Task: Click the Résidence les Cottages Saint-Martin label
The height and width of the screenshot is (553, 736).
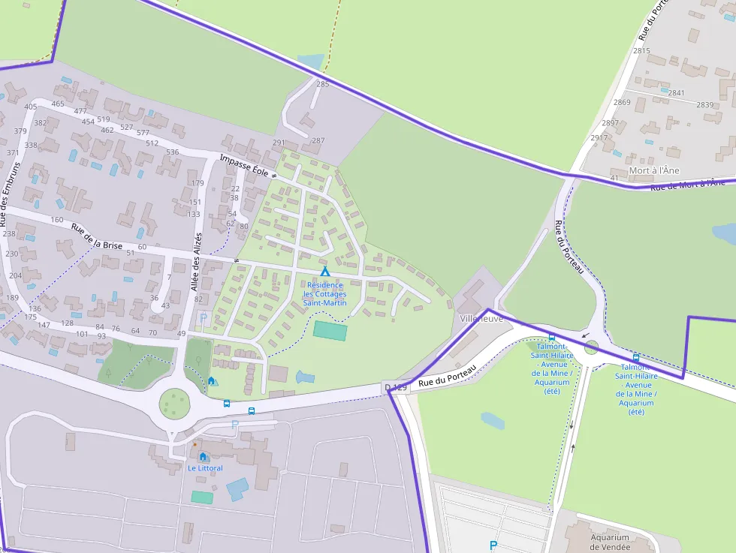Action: click(324, 293)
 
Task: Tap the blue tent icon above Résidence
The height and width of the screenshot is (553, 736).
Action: click(325, 272)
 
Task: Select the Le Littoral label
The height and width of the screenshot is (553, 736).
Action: click(205, 468)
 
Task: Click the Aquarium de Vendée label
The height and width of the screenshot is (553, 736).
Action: click(609, 542)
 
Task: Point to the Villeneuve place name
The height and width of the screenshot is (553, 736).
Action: click(481, 318)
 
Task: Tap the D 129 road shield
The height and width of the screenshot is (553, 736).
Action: click(396, 387)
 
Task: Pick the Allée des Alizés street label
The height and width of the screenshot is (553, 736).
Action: click(197, 262)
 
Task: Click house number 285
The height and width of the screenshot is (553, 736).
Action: click(322, 84)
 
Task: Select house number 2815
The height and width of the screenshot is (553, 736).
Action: click(641, 51)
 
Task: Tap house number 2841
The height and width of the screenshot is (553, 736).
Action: click(676, 93)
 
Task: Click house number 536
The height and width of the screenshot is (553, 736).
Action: click(173, 152)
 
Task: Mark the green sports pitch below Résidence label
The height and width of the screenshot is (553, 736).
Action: click(330, 330)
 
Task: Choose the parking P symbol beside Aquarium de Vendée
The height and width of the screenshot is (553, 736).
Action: click(493, 545)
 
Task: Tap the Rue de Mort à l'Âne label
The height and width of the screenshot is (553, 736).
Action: click(687, 184)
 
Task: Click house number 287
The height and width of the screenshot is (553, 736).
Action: click(318, 140)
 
